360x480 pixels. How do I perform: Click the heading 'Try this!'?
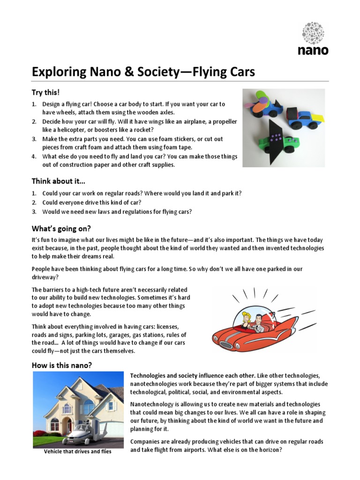tap(46, 92)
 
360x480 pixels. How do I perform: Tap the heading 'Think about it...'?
tap(59, 181)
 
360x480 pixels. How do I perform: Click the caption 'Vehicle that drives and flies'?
tap(78, 452)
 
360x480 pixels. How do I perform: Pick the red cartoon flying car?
tap(253, 329)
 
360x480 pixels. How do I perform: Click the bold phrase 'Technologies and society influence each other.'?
tap(193, 376)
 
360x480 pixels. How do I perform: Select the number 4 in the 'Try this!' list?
tap(34, 157)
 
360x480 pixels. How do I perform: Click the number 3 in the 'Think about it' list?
tap(34, 211)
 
